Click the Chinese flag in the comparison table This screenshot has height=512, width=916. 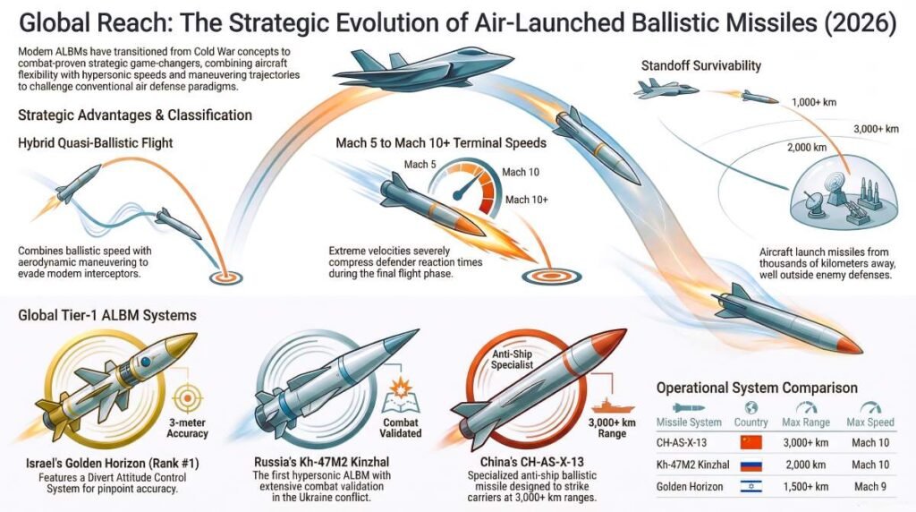point(751,441)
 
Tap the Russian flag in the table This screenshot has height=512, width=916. point(751,465)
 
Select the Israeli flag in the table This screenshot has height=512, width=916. point(751,488)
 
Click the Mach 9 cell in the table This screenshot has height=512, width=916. point(869,488)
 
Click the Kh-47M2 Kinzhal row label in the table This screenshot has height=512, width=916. point(691,465)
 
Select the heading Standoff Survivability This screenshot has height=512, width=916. point(701,65)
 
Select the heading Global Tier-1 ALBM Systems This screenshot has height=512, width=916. point(107,315)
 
